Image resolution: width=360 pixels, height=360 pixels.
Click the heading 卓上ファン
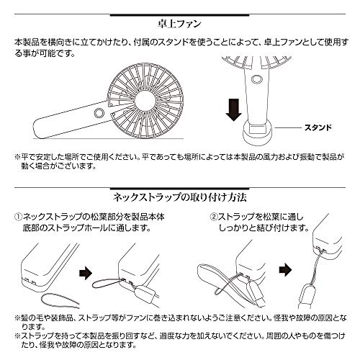click(179, 24)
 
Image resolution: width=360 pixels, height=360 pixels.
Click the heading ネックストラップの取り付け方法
click(180, 197)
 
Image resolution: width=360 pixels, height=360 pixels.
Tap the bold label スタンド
click(318, 127)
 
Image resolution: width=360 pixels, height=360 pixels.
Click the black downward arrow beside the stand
click(233, 109)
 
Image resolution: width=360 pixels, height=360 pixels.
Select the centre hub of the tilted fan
click(145, 101)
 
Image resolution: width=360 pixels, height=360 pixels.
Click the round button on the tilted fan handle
click(99, 113)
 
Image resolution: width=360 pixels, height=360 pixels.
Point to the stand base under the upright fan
click(257, 132)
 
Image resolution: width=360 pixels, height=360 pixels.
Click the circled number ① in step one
click(19, 217)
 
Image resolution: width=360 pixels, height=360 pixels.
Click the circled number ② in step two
click(214, 217)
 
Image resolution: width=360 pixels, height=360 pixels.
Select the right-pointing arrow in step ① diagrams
click(86, 273)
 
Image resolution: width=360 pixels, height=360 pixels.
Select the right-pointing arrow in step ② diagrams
click(285, 270)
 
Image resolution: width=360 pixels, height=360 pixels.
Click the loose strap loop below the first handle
click(60, 300)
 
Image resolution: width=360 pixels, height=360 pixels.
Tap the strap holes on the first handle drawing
click(31, 281)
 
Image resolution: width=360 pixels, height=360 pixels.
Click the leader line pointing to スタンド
click(288, 127)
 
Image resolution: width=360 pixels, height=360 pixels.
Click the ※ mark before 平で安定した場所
click(18, 158)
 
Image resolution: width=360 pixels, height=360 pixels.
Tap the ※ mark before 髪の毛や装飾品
click(18, 318)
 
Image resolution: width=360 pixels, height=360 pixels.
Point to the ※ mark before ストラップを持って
click(18, 336)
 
